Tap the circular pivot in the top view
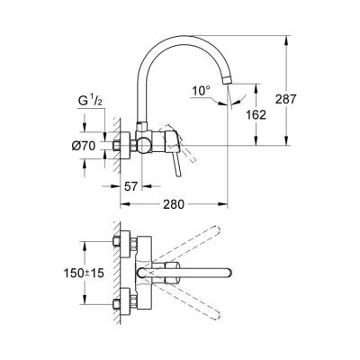144,271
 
